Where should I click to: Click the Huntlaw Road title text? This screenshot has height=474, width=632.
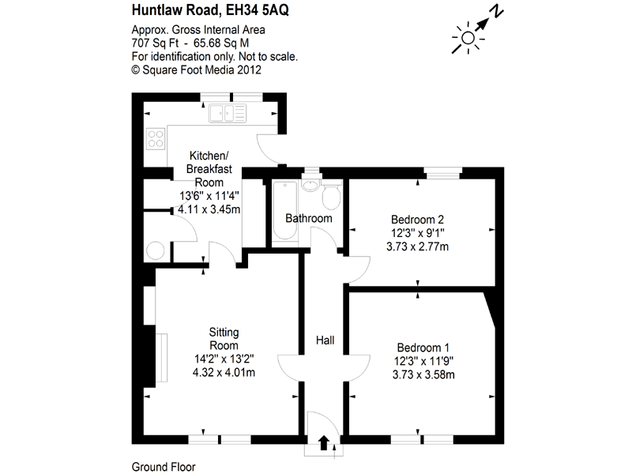click(197, 12)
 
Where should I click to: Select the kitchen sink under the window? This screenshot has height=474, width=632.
click(228, 115)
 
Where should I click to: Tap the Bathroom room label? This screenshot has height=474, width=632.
click(308, 218)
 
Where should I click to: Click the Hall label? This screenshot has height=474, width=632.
click(325, 340)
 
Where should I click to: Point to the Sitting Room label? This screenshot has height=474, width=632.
click(224, 338)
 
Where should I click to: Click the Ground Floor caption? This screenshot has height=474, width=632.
click(163, 466)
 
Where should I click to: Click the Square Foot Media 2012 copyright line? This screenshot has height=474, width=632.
click(196, 70)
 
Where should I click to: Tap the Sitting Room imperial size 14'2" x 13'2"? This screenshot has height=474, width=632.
click(224, 359)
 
